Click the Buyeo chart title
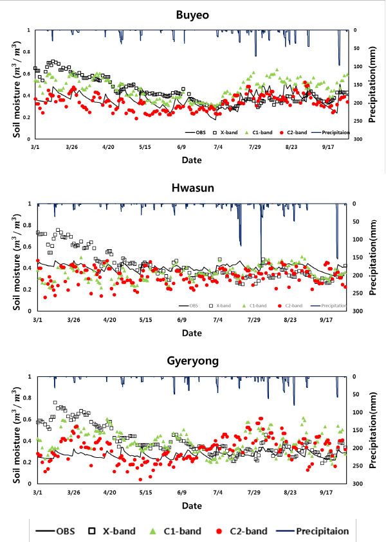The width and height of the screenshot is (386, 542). [x=191, y=13]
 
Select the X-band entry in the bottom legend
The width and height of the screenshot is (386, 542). [x=113, y=531]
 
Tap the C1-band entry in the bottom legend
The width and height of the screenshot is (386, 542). [x=177, y=531]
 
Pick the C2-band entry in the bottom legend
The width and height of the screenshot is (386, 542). [x=242, y=531]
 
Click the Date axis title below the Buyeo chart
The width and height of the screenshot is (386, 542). [x=191, y=159]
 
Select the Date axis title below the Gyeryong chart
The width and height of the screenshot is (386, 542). [x=191, y=506]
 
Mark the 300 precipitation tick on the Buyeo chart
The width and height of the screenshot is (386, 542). [x=359, y=139]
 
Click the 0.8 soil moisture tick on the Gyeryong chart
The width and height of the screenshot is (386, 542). [x=25, y=398]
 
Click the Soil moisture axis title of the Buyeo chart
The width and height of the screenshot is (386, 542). [x=12, y=84]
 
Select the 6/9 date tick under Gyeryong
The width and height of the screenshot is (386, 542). [x=181, y=493]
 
